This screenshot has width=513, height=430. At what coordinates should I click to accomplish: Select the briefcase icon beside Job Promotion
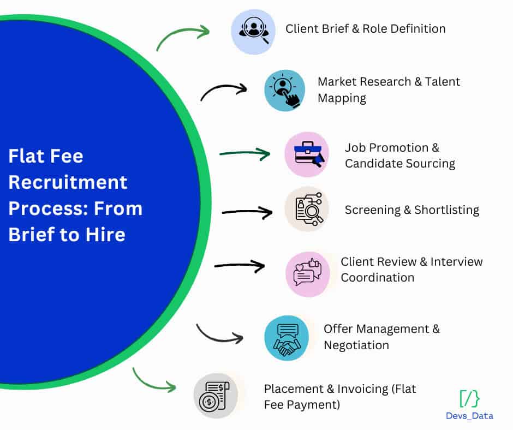(x=307, y=154)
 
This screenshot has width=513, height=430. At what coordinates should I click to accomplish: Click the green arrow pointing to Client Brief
(x=183, y=36)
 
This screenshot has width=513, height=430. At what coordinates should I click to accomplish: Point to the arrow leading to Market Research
(x=224, y=91)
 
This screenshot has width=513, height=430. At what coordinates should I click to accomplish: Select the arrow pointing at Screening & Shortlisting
(x=247, y=212)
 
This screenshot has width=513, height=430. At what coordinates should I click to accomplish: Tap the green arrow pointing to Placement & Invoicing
(x=153, y=381)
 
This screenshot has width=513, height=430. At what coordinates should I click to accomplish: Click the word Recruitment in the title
(x=68, y=182)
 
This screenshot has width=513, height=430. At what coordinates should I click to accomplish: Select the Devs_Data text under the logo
(x=469, y=416)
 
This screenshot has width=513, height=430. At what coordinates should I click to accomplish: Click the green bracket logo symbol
(x=469, y=399)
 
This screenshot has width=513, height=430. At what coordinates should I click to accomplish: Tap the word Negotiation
(x=356, y=345)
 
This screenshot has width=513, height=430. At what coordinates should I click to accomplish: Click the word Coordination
(x=378, y=277)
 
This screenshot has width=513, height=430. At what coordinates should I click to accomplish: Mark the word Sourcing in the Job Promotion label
(x=428, y=163)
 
